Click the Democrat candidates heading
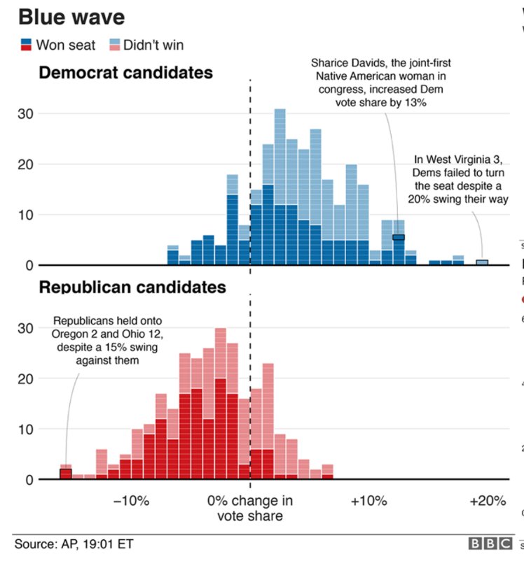point(126,72)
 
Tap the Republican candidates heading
point(132,287)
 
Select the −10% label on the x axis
point(132,502)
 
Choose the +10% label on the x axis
point(368,502)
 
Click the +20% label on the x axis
point(487,502)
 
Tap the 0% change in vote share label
point(250,509)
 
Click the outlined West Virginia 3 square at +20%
point(481,262)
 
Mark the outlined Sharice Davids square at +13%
point(399,238)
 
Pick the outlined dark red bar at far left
point(66,474)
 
